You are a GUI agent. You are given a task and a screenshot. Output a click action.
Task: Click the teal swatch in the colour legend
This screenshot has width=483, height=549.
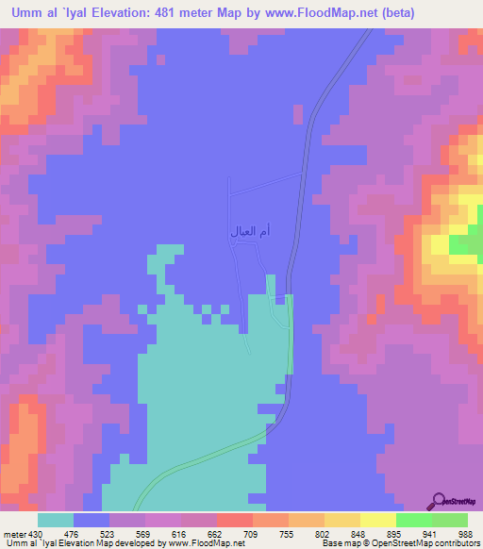(55, 521)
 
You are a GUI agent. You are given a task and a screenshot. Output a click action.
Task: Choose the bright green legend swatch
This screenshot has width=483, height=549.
(413, 521)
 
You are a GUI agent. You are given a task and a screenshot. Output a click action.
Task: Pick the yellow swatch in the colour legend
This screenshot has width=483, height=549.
(377, 521)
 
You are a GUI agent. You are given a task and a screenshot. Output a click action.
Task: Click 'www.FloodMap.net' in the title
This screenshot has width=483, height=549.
(308, 12)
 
